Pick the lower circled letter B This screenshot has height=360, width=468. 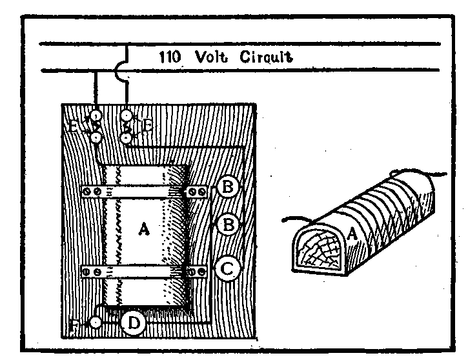click(x=229, y=225)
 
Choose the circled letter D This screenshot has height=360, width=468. click(x=132, y=324)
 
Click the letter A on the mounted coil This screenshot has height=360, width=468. click(x=144, y=229)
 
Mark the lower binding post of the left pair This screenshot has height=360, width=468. click(x=96, y=137)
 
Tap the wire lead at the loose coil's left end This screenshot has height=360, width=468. click(x=292, y=219)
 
